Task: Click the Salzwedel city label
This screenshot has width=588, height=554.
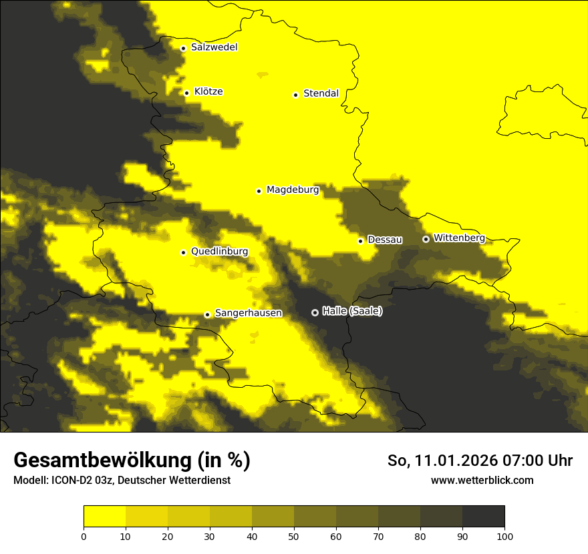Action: [x=214, y=47]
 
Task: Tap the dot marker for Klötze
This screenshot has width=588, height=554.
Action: [x=187, y=93]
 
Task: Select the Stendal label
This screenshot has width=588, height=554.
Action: [x=321, y=93]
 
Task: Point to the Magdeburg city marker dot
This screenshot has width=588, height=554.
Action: [x=259, y=191]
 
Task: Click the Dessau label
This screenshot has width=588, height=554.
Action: [x=385, y=240]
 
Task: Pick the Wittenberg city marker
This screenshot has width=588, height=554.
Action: [x=426, y=239]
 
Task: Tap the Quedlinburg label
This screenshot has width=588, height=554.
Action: [x=219, y=252]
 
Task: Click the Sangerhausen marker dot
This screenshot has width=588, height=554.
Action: [x=207, y=314]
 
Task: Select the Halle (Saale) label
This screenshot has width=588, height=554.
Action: [x=352, y=311]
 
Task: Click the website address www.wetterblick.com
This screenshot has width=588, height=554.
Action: [x=482, y=480]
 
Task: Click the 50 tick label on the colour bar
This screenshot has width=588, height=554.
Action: [x=294, y=536]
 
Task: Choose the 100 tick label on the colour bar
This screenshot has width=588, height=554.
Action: [x=504, y=536]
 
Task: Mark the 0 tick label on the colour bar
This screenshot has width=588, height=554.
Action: [x=84, y=536]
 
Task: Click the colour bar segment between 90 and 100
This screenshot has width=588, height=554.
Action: [x=483, y=517]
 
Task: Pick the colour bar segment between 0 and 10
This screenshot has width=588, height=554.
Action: [x=104, y=517]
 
